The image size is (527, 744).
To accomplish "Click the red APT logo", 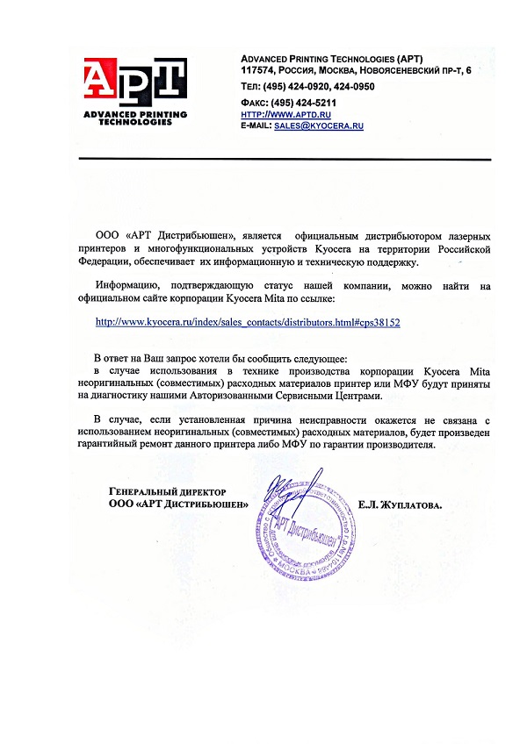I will click(135, 82).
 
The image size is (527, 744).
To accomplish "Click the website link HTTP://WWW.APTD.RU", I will click(272, 115).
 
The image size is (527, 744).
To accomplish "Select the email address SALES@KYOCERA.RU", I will click(319, 126).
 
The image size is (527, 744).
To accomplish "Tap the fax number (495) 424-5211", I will click(306, 103).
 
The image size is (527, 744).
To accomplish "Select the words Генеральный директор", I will click(168, 493).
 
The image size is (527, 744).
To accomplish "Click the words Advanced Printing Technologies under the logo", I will click(135, 118).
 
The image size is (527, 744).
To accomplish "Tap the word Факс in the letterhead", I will click(254, 103).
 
